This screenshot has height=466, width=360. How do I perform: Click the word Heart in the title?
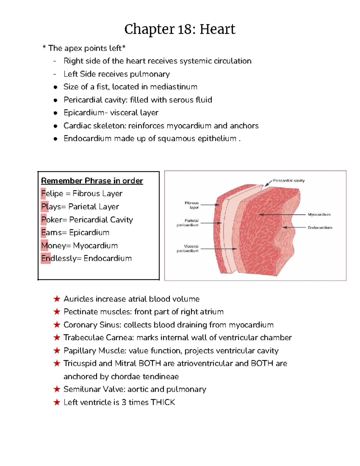coord(217,29)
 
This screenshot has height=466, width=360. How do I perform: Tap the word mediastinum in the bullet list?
coord(174,87)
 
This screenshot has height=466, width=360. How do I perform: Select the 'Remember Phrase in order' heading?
coord(92,181)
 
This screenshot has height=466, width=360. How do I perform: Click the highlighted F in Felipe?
coord(43,194)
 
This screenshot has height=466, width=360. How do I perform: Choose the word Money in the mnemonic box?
coord(53,245)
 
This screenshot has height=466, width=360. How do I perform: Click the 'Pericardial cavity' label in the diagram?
coord(288,181)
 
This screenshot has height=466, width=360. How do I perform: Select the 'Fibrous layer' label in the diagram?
coord(192,205)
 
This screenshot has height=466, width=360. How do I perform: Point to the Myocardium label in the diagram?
coord(319,215)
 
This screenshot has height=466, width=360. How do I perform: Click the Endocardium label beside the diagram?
coord(320,227)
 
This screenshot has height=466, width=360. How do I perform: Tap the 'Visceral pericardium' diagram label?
coord(188,248)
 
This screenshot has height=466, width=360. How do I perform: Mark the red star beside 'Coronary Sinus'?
coord(57,325)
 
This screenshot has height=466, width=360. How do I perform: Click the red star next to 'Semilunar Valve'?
coord(57,389)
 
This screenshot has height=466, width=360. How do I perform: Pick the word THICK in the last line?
coord(163,402)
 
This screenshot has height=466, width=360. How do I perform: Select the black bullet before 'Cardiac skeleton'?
coord(55,126)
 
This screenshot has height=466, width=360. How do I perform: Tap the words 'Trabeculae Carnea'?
coord(98,338)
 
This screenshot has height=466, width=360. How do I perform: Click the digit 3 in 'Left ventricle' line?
coord(124,402)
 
